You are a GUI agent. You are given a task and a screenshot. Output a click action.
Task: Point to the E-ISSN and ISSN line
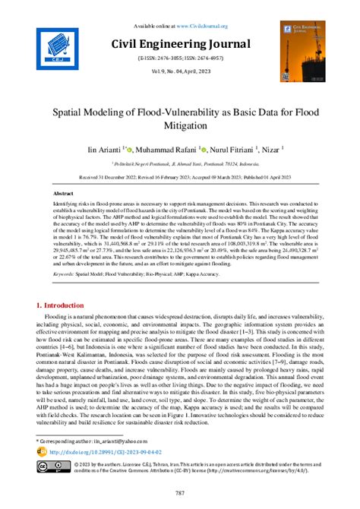pos(179,57)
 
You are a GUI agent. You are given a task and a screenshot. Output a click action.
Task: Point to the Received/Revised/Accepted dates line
pos(179,175)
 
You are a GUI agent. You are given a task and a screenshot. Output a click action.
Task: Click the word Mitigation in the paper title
pos(180,125)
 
